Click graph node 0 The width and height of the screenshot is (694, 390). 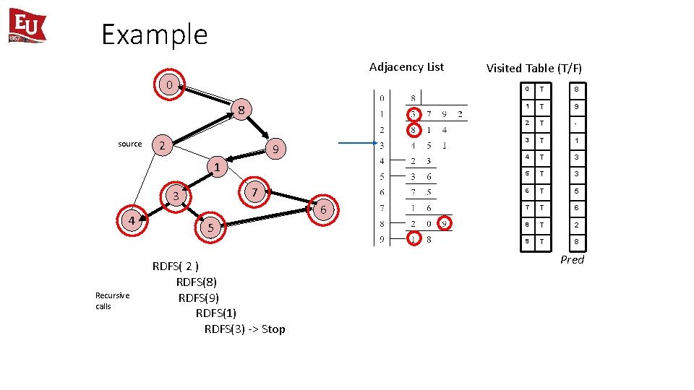pyautogui.click(x=168, y=85)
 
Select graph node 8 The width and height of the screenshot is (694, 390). pyautogui.click(x=242, y=110)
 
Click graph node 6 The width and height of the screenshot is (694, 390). pyautogui.click(x=324, y=209)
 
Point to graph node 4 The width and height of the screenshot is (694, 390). pyautogui.click(x=132, y=220)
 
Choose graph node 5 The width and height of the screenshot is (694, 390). pyautogui.click(x=210, y=227)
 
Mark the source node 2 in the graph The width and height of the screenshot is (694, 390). pyautogui.click(x=163, y=146)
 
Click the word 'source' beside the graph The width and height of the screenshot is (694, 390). pyautogui.click(x=130, y=144)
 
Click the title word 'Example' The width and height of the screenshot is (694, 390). pyautogui.click(x=154, y=34)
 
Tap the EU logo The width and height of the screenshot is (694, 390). pyautogui.click(x=27, y=26)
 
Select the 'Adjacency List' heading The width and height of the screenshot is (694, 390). pyautogui.click(x=406, y=67)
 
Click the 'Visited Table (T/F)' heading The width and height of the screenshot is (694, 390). pyautogui.click(x=534, y=69)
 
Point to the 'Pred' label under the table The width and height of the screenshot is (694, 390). pyautogui.click(x=572, y=260)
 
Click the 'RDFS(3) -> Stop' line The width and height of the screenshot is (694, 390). pyautogui.click(x=244, y=329)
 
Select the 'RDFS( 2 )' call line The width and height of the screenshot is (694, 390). pyautogui.click(x=176, y=266)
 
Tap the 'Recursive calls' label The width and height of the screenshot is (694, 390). pyautogui.click(x=112, y=300)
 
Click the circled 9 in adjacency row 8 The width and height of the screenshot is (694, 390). pyautogui.click(x=445, y=224)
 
